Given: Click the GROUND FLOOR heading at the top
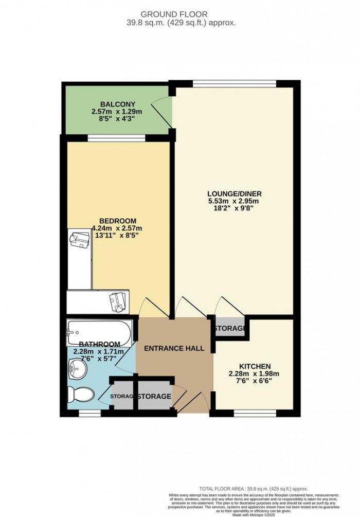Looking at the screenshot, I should pos(180,14).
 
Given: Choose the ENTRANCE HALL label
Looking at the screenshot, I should pos(174,348).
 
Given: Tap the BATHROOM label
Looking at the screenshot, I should pos(100,344).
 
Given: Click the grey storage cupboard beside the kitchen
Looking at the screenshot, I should pos(229,328).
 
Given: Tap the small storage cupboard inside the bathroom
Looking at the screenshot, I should pos(122,396).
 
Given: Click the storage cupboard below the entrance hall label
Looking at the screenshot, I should pos(154,397).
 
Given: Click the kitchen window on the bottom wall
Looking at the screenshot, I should pos(254,413).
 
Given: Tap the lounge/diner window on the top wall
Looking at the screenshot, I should pos(235,83).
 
